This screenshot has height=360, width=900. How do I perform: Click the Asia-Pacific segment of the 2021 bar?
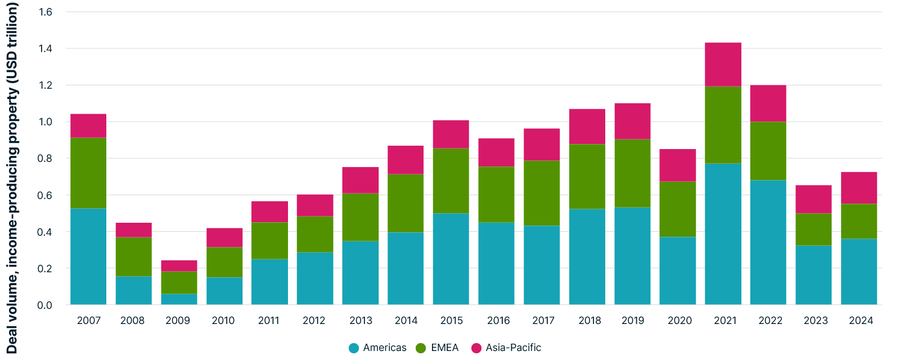723,64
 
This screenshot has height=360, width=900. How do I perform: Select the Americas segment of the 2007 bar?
88,256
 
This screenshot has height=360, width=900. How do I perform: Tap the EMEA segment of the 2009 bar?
179,282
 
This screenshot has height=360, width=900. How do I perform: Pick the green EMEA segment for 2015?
451,181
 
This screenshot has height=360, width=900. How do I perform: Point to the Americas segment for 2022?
768,242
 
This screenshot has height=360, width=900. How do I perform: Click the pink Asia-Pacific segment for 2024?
858,188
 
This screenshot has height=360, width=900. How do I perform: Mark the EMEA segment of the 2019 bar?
632,173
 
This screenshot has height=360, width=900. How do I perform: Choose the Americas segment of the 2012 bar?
315,278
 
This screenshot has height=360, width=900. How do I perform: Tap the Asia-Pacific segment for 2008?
134,229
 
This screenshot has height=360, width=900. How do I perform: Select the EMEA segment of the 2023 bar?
813,229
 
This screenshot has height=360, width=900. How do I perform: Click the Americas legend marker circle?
354,348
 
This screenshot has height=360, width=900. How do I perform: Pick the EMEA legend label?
444,348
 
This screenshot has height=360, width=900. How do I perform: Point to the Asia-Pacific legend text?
513,348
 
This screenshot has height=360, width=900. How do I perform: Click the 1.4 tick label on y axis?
45,48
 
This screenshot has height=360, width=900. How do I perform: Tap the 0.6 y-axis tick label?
45,195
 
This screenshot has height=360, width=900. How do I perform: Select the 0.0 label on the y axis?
45,305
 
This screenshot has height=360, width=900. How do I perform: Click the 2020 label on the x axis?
679,321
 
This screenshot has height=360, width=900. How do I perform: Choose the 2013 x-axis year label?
361,321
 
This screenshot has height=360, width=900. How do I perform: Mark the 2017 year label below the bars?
543,321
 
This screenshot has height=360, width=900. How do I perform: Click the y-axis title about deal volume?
12,178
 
